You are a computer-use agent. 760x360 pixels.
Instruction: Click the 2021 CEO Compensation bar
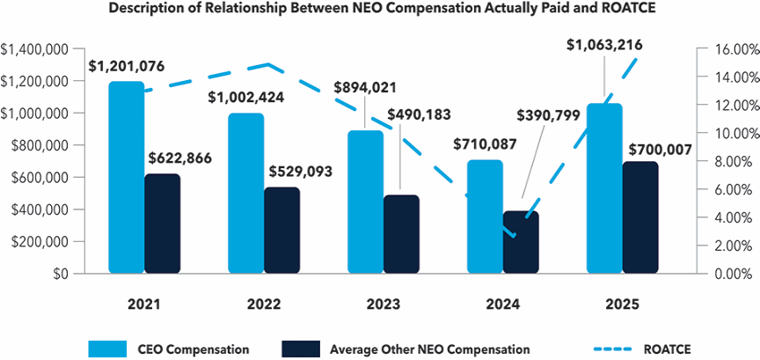point(127,176)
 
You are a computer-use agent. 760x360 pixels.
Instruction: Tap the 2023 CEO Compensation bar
point(365,202)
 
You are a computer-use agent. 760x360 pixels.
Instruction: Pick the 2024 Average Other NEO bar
point(521,243)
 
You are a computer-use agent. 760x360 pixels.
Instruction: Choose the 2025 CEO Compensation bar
point(603,188)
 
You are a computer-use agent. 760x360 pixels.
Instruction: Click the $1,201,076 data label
point(126,67)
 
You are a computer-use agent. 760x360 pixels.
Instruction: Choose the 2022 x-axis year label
point(264,305)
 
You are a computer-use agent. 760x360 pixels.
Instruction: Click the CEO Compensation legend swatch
point(113,349)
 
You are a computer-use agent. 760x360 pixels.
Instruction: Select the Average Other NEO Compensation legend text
point(429,349)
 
